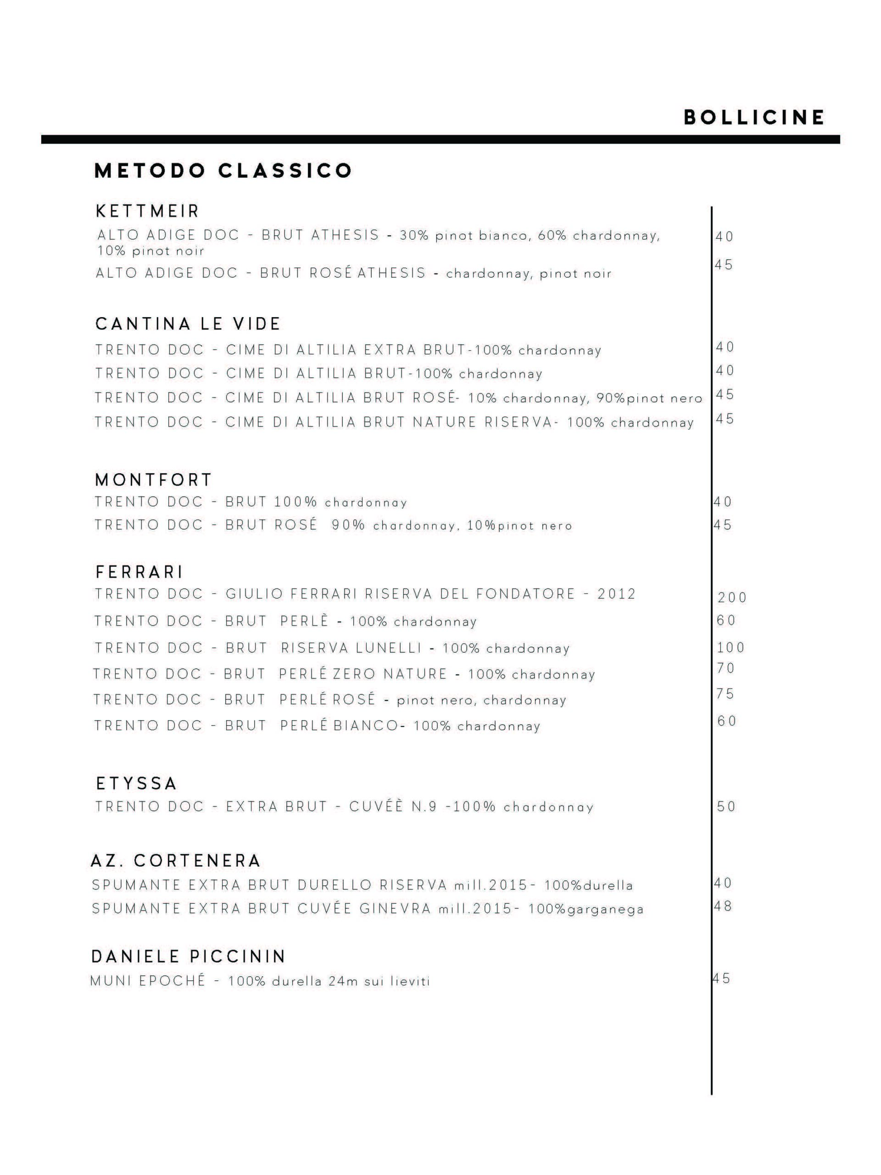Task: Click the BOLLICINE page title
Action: pos(753,117)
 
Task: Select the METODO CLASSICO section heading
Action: pos(223,171)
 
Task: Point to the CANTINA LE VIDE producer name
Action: pos(188,324)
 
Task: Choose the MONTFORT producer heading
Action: pos(153,480)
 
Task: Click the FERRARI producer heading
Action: pos(139,572)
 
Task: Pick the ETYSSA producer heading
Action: pos(136,783)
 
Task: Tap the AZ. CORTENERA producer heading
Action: pos(176,861)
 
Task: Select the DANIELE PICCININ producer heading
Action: pos(189,956)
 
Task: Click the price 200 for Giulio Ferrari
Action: pos(732,598)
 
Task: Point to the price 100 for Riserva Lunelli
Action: pos(730,648)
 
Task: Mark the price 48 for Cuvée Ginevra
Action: pos(723,906)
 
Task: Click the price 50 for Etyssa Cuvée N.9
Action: pos(726,806)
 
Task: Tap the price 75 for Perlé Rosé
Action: pos(725,694)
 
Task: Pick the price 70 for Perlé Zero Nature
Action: pos(725,668)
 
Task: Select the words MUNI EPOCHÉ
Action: pos(148,980)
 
